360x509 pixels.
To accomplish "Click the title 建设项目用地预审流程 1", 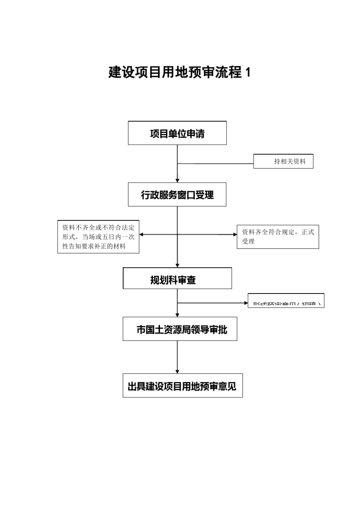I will pyautogui.click(x=179, y=72).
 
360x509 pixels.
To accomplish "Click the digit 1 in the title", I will pyautogui.click(x=248, y=72).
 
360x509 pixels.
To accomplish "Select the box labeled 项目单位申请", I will pyautogui.click(x=177, y=133).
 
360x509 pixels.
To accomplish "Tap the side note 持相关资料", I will pyautogui.click(x=283, y=161).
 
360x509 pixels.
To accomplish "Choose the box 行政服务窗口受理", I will pyautogui.click(x=177, y=195).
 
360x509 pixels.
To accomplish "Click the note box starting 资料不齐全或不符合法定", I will pyautogui.click(x=98, y=237).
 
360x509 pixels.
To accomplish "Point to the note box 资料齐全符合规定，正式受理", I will pyautogui.click(x=278, y=237).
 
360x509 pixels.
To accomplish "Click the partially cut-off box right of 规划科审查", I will pyautogui.click(x=286, y=301).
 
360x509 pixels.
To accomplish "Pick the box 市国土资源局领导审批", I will pyautogui.click(x=180, y=329).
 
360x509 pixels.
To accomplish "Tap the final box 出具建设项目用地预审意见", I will pyautogui.click(x=182, y=386).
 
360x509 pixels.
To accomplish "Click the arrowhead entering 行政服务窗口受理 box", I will pyautogui.click(x=177, y=181).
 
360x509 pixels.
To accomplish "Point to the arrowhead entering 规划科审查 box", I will pyautogui.click(x=177, y=265).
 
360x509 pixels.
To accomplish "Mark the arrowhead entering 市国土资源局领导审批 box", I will pyautogui.click(x=177, y=315).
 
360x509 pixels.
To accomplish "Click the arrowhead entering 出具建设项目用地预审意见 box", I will pyautogui.click(x=177, y=372).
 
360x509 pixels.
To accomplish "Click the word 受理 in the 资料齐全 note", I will pyautogui.click(x=248, y=242).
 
